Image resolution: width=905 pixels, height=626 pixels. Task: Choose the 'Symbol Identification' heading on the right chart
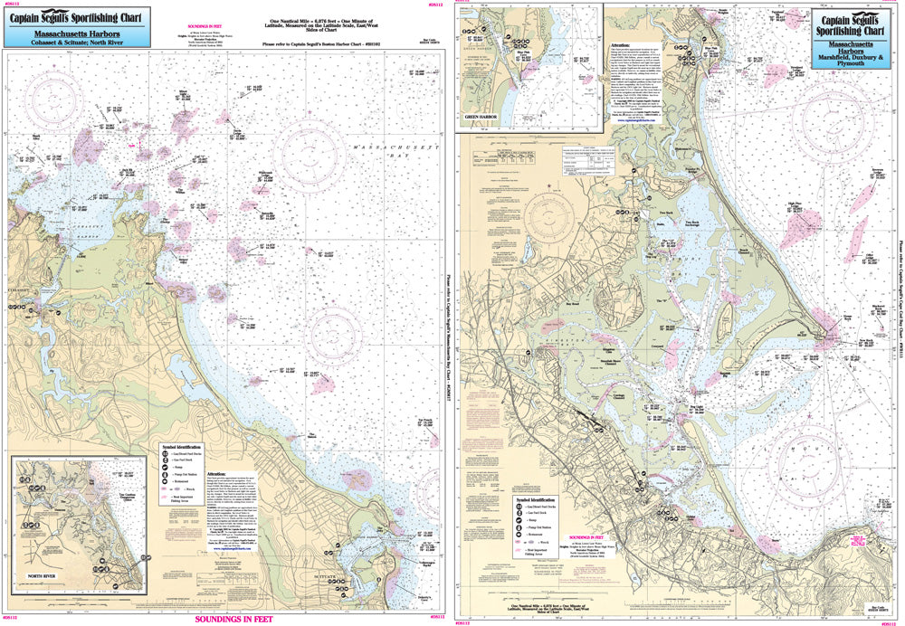537,498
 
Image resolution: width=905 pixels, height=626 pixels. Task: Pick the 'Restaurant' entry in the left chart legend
184,496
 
